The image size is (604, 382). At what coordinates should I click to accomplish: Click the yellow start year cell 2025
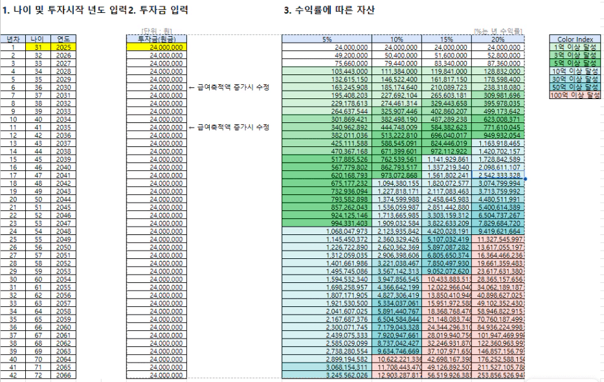coord(63,47)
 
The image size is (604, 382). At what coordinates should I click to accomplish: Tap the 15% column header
coord(447,39)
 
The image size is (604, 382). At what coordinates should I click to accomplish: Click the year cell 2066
coord(63,375)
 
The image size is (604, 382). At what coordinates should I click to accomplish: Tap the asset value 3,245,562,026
coord(346,375)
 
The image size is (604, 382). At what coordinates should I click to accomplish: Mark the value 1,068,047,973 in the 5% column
coord(346,231)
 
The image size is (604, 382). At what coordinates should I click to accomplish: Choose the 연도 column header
coord(63,39)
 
